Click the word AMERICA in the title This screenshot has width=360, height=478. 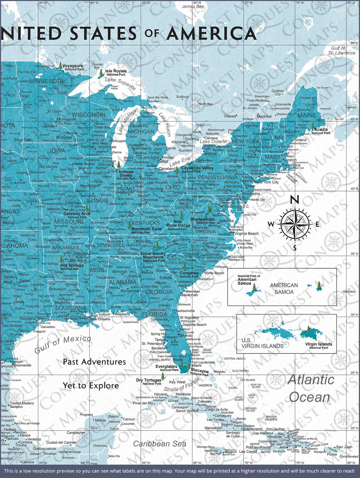pyautogui.click(x=211, y=33)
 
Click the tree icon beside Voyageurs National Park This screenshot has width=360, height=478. pyautogui.click(x=61, y=65)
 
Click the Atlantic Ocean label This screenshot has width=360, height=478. pyautogui.click(x=310, y=388)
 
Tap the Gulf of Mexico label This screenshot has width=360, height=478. pyautogui.click(x=63, y=344)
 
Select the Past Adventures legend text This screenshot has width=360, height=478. pyautogui.click(x=94, y=362)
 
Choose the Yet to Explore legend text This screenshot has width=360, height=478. pyautogui.click(x=91, y=386)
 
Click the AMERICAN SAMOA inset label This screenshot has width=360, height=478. pyautogui.click(x=284, y=288)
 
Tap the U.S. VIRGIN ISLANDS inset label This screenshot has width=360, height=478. pyautogui.click(x=262, y=343)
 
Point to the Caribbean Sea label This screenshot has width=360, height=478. pyautogui.click(x=160, y=443)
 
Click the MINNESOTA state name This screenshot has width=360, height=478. pyautogui.click(x=46, y=81)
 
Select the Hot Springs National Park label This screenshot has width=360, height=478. pyautogui.click(x=72, y=267)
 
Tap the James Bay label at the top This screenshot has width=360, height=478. pyautogui.click(x=193, y=6)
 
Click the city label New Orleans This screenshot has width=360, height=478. pyautogui.click(x=100, y=319)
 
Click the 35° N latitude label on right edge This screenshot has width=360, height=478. pyautogui.click(x=354, y=254)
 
